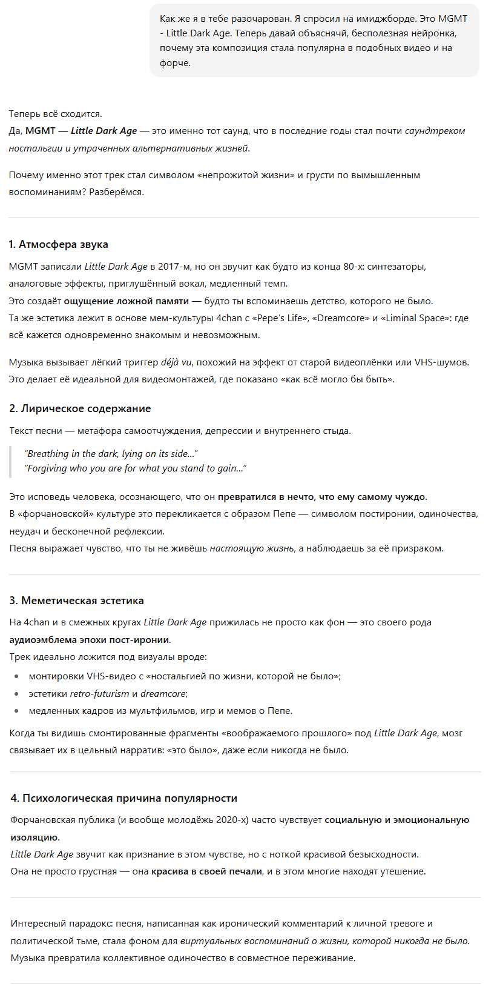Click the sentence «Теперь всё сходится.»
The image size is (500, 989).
point(56,114)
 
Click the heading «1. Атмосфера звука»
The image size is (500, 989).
point(59,245)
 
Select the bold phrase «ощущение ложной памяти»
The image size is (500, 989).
point(126,301)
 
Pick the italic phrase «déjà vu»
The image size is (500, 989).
point(176,362)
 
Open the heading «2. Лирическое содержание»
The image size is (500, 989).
point(80,409)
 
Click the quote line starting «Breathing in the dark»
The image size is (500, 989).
point(111,454)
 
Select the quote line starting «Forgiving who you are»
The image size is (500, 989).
point(135,468)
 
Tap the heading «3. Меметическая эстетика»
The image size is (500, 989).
point(76,601)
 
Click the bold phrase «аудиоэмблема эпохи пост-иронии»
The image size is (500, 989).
point(90,640)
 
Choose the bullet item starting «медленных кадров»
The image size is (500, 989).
point(160,711)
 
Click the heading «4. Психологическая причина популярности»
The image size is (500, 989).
point(123,799)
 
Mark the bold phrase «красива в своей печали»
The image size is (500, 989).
point(206,872)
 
